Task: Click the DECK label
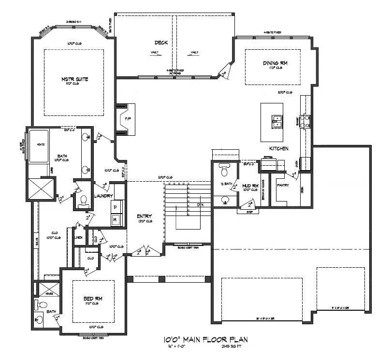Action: point(161,43)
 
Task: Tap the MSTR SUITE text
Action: point(74,79)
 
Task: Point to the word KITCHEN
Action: point(279,148)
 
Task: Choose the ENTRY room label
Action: point(145,216)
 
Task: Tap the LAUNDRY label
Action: point(104,196)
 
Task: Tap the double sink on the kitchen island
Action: point(277,121)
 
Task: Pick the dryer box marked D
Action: point(115,207)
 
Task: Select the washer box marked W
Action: point(115,220)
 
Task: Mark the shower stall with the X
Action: point(42,187)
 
